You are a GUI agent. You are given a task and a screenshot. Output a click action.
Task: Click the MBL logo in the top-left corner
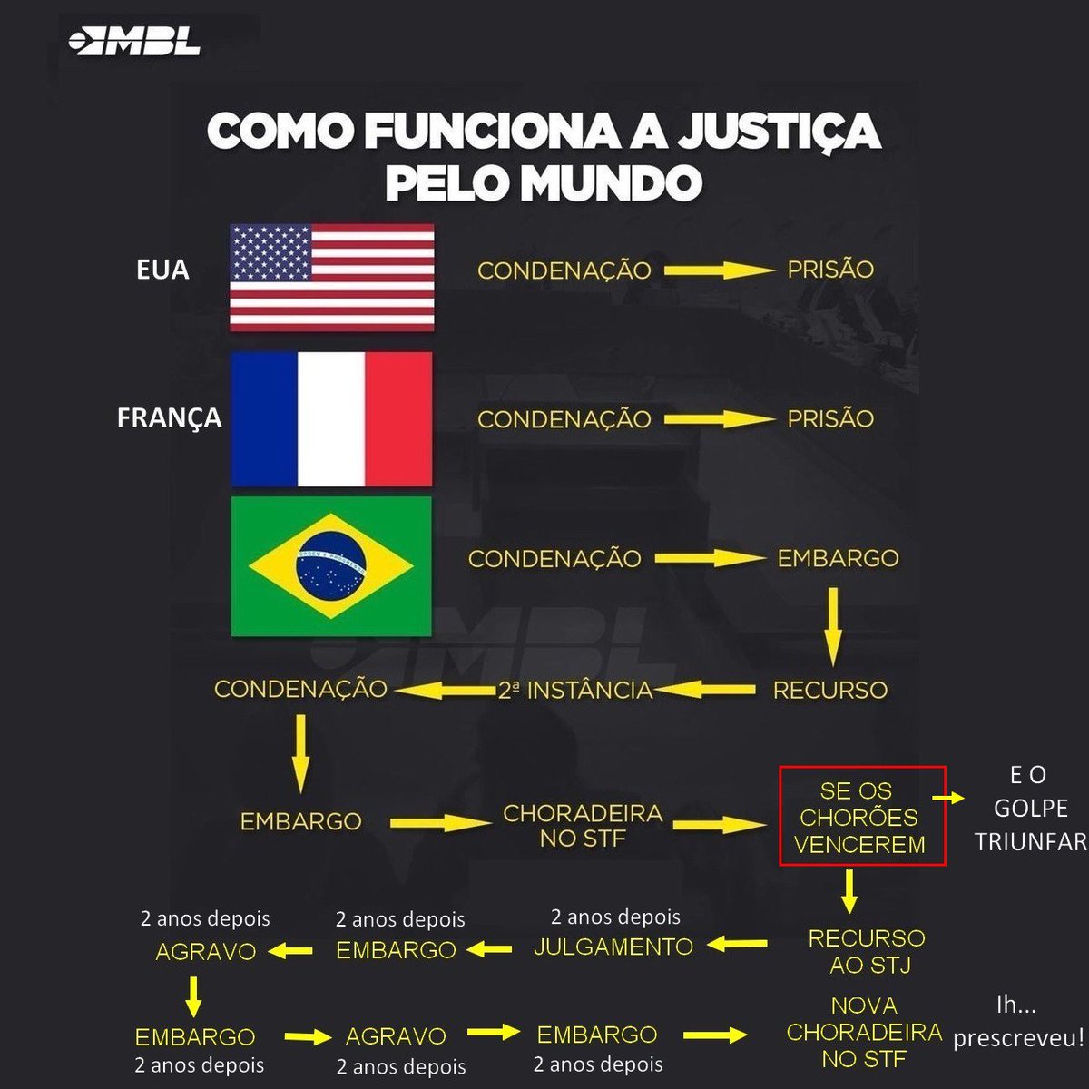pos(134,42)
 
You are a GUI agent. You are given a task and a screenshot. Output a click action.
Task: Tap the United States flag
pos(332,277)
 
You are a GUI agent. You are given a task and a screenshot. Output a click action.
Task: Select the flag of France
pos(331,419)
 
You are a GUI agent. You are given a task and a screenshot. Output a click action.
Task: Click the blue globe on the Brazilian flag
pos(331,565)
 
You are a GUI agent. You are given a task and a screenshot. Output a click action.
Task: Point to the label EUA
pos(162,270)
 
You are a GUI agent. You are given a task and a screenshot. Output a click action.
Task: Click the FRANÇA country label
pos(169,417)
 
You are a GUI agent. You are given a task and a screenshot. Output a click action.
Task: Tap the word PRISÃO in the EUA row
pos(830,270)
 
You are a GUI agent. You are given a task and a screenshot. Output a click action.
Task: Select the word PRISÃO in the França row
pos(830,418)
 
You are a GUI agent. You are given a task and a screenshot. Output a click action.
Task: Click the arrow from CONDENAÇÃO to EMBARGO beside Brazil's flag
pos(709,559)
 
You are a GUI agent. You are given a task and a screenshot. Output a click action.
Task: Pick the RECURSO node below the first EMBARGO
pos(830,690)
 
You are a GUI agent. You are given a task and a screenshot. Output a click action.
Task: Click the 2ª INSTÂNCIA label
pos(575,690)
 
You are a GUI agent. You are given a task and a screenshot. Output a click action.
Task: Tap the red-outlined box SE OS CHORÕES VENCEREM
pos(860,817)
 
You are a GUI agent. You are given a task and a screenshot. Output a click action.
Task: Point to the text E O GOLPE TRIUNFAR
pos(1030,808)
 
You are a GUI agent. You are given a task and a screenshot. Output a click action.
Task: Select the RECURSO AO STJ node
pos(867,951)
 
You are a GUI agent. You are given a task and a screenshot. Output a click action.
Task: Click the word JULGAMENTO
pos(613,947)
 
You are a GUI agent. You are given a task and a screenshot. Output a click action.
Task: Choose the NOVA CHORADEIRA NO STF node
pos(864,1032)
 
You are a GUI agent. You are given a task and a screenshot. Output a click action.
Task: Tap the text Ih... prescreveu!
pos(1018,1021)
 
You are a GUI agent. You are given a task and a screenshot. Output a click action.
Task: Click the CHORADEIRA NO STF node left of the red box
pos(583,826)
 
